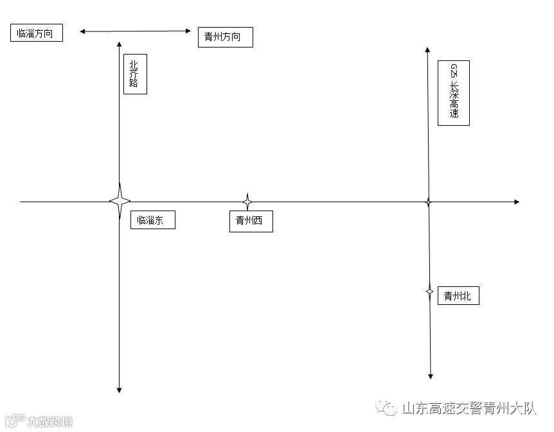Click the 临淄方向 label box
point(37,33)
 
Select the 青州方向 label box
point(225,37)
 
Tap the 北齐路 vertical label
point(135,74)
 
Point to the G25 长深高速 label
point(453,93)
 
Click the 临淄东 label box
point(152,220)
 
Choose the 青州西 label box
point(251,221)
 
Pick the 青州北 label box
point(458,296)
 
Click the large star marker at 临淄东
point(120,202)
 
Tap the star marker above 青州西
point(247,202)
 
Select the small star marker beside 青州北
point(430,291)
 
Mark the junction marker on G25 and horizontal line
point(428,202)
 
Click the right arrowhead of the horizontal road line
point(516,202)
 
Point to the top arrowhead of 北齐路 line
point(120,44)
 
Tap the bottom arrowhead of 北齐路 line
point(120,389)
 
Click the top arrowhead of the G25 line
point(427,49)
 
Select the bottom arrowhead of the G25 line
point(431,376)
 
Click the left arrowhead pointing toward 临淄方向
point(82,30)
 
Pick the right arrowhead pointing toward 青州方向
point(188,30)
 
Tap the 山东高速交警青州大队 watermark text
point(469,408)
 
